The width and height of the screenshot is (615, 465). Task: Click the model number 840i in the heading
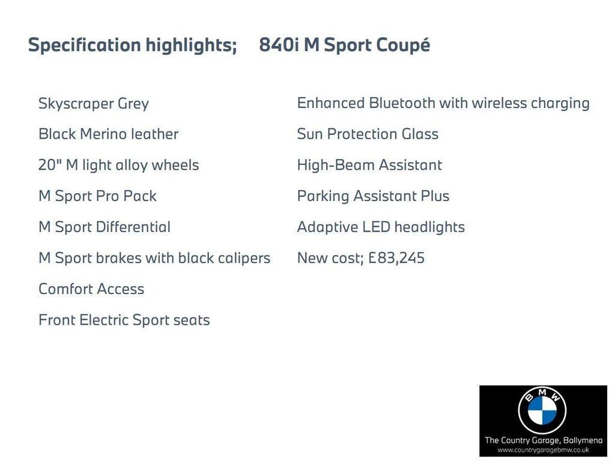click(x=279, y=44)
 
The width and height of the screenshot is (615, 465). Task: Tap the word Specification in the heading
click(x=84, y=45)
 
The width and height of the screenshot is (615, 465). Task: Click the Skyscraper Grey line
click(x=94, y=104)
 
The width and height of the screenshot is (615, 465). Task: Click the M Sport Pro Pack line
click(x=98, y=196)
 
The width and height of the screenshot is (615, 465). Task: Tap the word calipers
click(x=244, y=258)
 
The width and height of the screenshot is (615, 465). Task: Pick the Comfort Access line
click(x=91, y=289)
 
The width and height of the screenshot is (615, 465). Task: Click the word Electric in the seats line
click(x=104, y=320)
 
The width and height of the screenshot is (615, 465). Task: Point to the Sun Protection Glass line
click(x=368, y=134)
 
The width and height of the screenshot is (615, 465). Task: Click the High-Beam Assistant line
click(x=369, y=165)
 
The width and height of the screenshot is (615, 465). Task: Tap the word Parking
click(x=323, y=196)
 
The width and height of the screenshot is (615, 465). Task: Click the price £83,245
click(x=396, y=258)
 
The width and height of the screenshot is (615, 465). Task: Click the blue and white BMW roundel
click(x=542, y=410)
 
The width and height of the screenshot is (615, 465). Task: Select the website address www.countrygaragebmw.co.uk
click(x=543, y=450)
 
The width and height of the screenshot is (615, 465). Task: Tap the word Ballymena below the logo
click(x=583, y=440)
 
